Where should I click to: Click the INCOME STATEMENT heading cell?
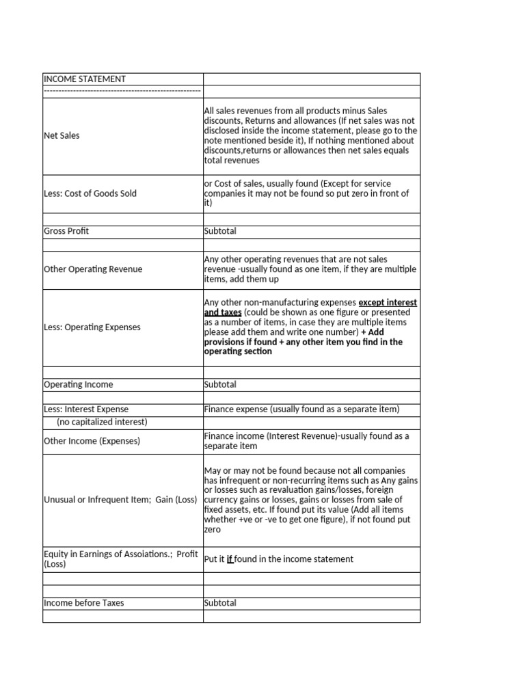[85, 79]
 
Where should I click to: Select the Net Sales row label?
[62, 135]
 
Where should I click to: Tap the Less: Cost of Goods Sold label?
[90, 193]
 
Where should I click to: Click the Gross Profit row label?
[66, 231]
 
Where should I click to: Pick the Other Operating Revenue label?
[93, 269]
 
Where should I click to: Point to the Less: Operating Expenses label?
[92, 327]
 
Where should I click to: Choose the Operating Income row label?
[79, 385]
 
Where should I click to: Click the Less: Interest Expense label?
[86, 409]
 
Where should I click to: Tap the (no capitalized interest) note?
[102, 422]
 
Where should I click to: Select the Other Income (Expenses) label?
[92, 441]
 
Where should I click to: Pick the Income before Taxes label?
[84, 603]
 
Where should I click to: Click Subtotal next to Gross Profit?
[220, 231]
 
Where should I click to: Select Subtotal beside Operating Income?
[220, 385]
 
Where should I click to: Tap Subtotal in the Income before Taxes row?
[220, 603]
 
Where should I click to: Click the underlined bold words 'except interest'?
[388, 303]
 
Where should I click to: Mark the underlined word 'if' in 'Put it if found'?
[230, 559]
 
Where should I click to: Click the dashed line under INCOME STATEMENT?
[122, 91]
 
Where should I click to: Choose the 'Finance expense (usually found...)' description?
[301, 409]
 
